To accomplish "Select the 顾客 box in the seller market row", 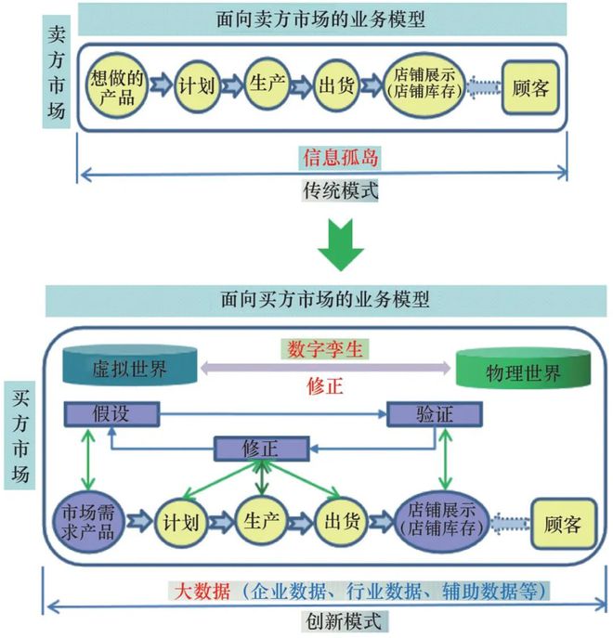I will click(532, 88).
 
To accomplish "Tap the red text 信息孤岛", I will click(340, 158).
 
